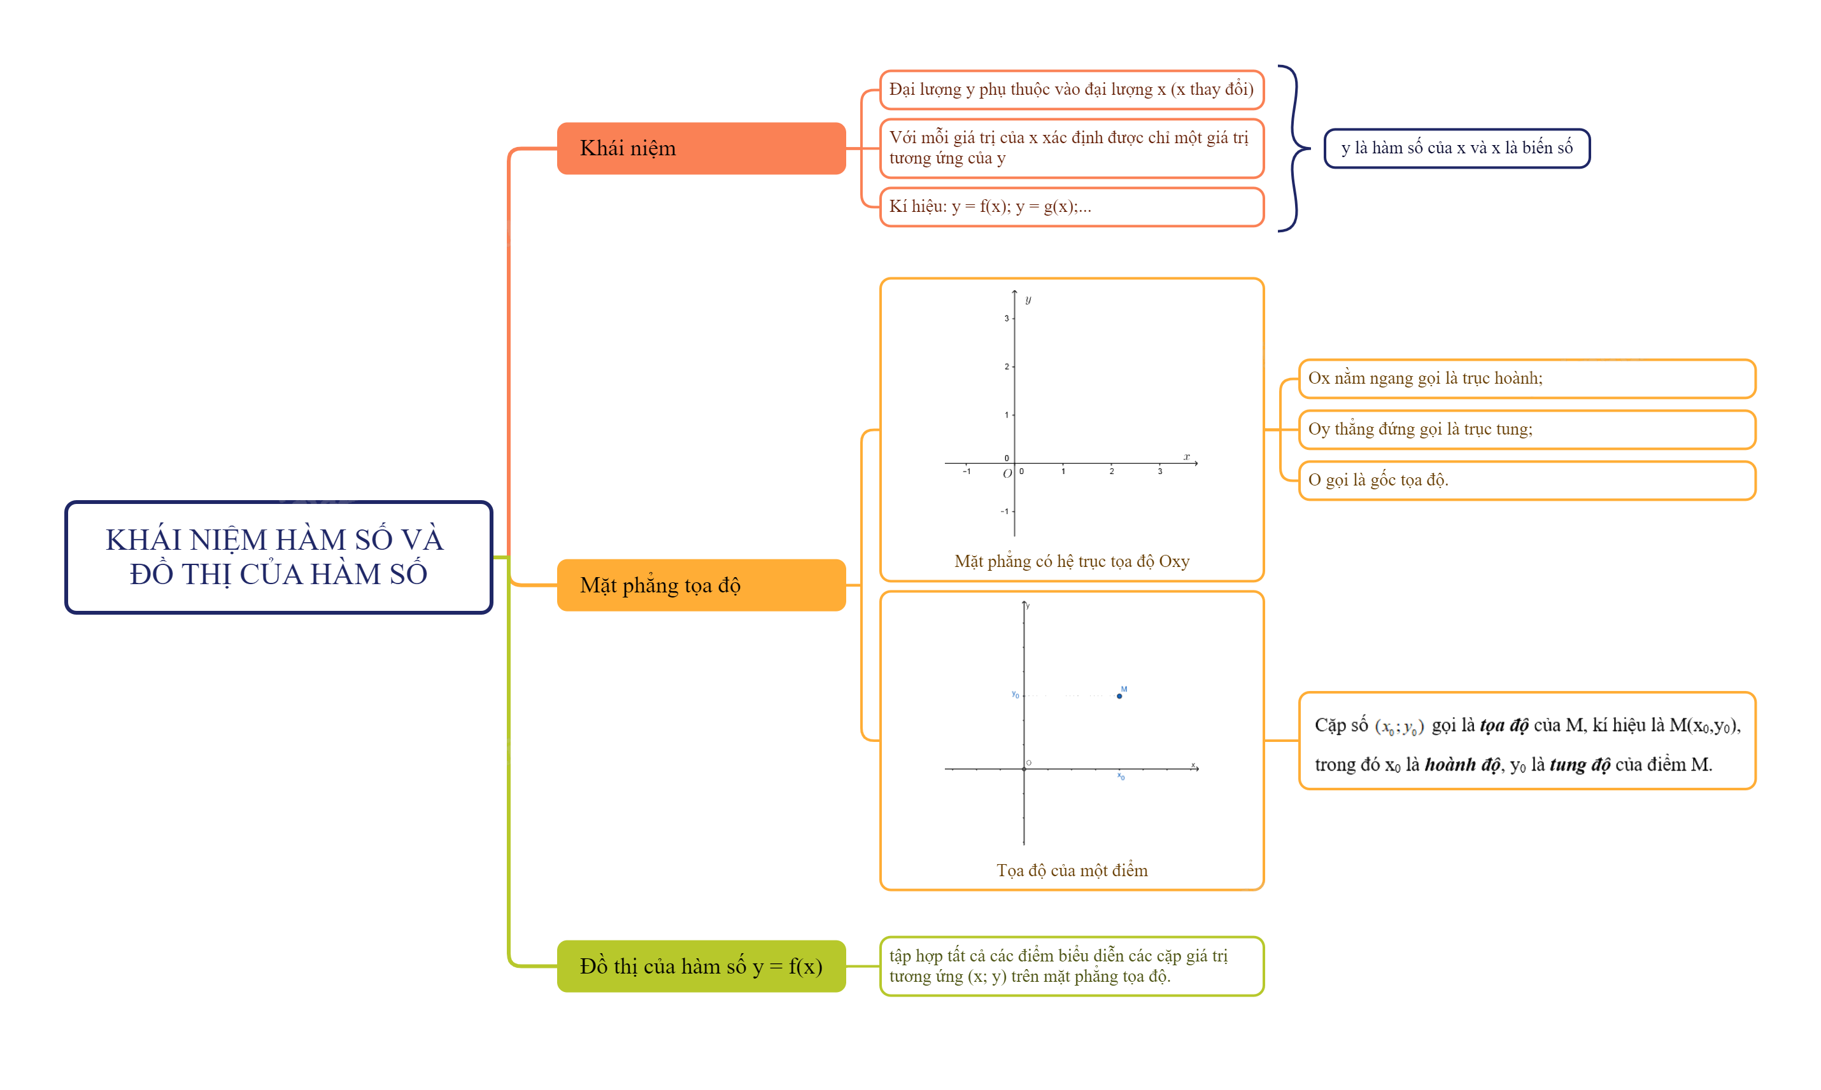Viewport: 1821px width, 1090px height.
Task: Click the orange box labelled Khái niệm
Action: [700, 148]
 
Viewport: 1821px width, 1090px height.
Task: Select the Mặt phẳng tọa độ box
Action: [700, 585]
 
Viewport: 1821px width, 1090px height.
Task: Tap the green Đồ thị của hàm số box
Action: [700, 966]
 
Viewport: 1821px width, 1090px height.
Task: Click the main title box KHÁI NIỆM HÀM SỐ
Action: [278, 557]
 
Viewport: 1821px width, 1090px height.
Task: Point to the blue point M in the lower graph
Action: [1119, 695]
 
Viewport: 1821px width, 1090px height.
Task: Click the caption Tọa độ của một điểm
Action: [1071, 870]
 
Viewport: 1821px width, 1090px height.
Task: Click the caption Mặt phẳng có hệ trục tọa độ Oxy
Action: [1071, 561]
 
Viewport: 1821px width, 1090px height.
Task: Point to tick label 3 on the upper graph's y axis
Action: [1006, 318]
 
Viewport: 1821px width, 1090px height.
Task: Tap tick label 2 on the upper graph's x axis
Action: [1111, 472]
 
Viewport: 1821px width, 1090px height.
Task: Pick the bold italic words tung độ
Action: [1579, 765]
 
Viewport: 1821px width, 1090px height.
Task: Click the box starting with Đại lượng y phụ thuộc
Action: [1071, 90]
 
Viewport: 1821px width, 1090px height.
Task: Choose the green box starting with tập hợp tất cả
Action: [1071, 966]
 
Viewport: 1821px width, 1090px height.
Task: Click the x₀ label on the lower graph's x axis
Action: [1121, 776]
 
